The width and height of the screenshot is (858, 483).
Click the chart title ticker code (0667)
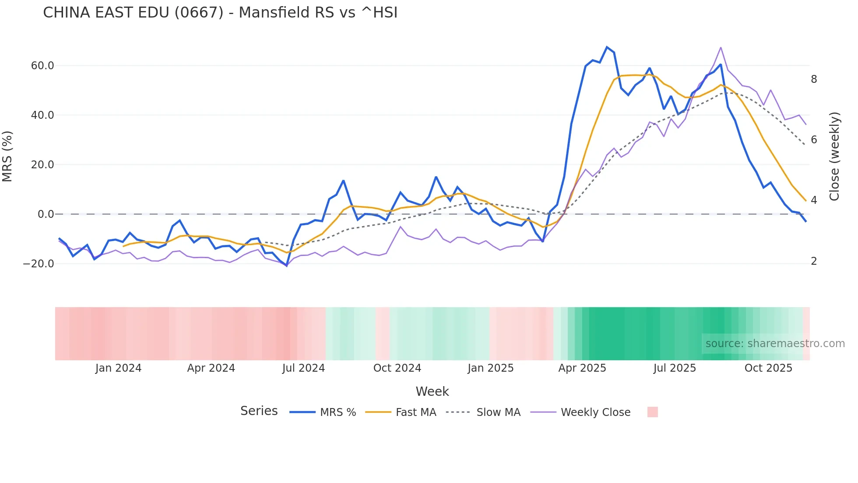click(199, 13)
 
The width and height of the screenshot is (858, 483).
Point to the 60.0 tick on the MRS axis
click(42, 66)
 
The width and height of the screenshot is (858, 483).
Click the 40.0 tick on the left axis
click(42, 115)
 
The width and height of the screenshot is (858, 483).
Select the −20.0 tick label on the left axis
click(39, 264)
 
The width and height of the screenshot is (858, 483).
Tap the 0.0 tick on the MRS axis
click(46, 214)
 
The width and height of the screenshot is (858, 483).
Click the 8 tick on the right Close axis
click(814, 79)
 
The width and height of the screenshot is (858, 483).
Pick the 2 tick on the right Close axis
click(814, 261)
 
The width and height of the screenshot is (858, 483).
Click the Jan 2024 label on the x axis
click(118, 368)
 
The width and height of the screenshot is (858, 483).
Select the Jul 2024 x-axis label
click(303, 368)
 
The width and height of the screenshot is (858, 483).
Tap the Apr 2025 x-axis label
click(582, 368)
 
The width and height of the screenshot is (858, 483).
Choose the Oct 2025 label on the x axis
click(768, 368)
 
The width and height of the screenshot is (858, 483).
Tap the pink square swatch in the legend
click(653, 412)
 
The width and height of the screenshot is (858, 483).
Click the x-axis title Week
click(432, 391)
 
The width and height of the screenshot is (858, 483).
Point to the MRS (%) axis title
click(7, 156)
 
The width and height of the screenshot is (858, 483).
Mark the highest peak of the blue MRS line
click(607, 47)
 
